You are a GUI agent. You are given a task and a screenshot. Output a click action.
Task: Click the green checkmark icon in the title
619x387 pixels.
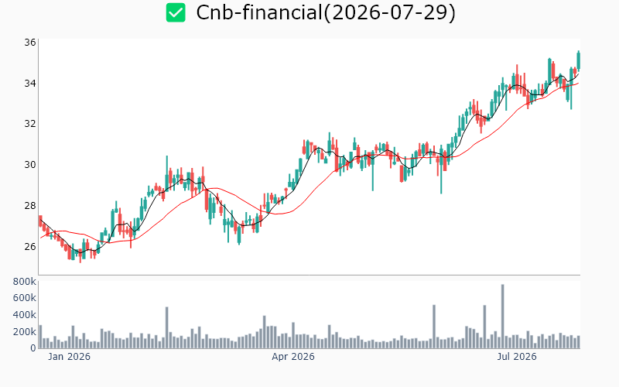click(176, 12)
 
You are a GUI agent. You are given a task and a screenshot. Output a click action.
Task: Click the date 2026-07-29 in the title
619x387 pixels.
click(390, 12)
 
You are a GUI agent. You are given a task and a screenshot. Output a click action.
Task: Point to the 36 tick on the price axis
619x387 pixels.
click(30, 43)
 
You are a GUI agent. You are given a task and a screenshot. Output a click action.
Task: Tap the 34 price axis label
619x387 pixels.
click(30, 84)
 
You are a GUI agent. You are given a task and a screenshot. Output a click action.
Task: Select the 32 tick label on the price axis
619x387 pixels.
click(30, 124)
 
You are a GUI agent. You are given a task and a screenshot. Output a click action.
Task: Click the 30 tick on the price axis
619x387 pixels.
click(30, 165)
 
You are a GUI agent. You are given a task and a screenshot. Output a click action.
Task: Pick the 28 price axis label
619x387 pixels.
click(30, 206)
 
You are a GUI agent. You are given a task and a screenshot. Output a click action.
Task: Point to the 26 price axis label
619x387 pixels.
click(30, 247)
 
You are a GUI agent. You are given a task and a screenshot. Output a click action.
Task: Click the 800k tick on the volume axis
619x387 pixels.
click(25, 282)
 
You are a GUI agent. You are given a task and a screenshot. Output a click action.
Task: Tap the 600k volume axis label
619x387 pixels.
click(25, 298)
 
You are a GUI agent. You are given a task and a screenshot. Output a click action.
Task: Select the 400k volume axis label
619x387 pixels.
click(25, 315)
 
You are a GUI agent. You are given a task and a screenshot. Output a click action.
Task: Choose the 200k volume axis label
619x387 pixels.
click(25, 332)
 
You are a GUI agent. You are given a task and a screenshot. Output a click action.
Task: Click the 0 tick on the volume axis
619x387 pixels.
click(33, 348)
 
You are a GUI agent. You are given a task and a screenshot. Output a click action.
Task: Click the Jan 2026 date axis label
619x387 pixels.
click(69, 357)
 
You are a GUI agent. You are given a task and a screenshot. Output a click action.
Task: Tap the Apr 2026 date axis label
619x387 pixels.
click(293, 357)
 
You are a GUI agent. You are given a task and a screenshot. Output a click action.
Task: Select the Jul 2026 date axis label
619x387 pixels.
click(516, 357)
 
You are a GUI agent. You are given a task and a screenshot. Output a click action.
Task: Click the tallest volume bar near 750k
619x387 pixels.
click(502, 317)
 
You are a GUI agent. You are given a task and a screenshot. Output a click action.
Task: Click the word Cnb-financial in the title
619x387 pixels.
click(260, 12)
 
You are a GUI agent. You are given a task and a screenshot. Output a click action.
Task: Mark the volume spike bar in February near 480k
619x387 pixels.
click(166, 327)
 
